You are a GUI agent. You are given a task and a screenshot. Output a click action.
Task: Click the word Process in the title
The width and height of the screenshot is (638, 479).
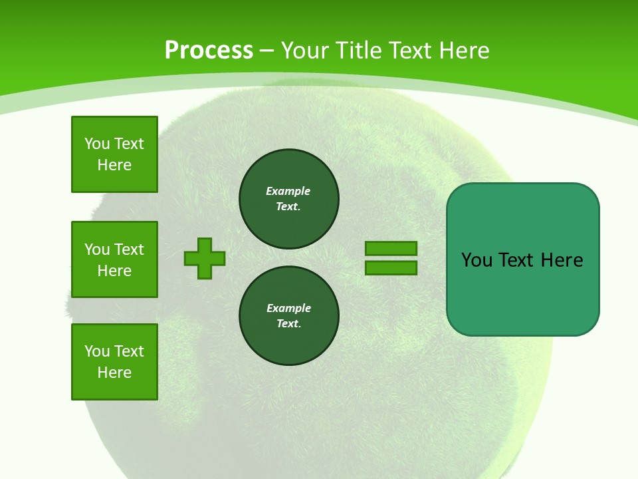click(209, 50)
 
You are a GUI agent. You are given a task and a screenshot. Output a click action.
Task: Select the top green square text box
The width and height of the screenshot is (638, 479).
click(114, 154)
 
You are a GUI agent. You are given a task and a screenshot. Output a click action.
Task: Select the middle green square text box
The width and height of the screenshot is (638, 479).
click(114, 259)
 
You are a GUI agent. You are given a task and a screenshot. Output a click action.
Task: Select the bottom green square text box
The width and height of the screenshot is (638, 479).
click(114, 362)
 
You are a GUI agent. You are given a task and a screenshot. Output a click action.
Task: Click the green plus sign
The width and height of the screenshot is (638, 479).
click(205, 258)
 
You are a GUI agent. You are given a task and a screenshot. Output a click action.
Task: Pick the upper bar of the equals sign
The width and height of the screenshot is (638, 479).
click(391, 248)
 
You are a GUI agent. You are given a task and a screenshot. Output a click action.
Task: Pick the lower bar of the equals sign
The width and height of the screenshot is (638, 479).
click(391, 268)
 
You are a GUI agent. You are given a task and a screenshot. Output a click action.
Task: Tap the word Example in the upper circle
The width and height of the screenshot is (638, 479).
click(288, 191)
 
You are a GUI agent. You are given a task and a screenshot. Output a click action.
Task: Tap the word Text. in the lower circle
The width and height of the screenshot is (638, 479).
click(289, 324)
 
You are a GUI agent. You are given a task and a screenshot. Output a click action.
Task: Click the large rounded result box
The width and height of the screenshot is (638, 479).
click(522, 293)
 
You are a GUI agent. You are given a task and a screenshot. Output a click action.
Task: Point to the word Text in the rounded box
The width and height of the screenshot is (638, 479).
click(517, 260)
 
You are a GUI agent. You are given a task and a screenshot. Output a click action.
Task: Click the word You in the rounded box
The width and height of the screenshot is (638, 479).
click(477, 260)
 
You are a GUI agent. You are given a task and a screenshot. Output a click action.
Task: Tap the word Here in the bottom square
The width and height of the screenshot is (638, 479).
click(114, 373)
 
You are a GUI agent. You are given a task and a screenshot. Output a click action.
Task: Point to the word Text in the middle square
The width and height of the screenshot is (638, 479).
click(129, 249)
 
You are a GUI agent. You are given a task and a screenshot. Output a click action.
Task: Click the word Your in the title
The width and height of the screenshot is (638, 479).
click(304, 50)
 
